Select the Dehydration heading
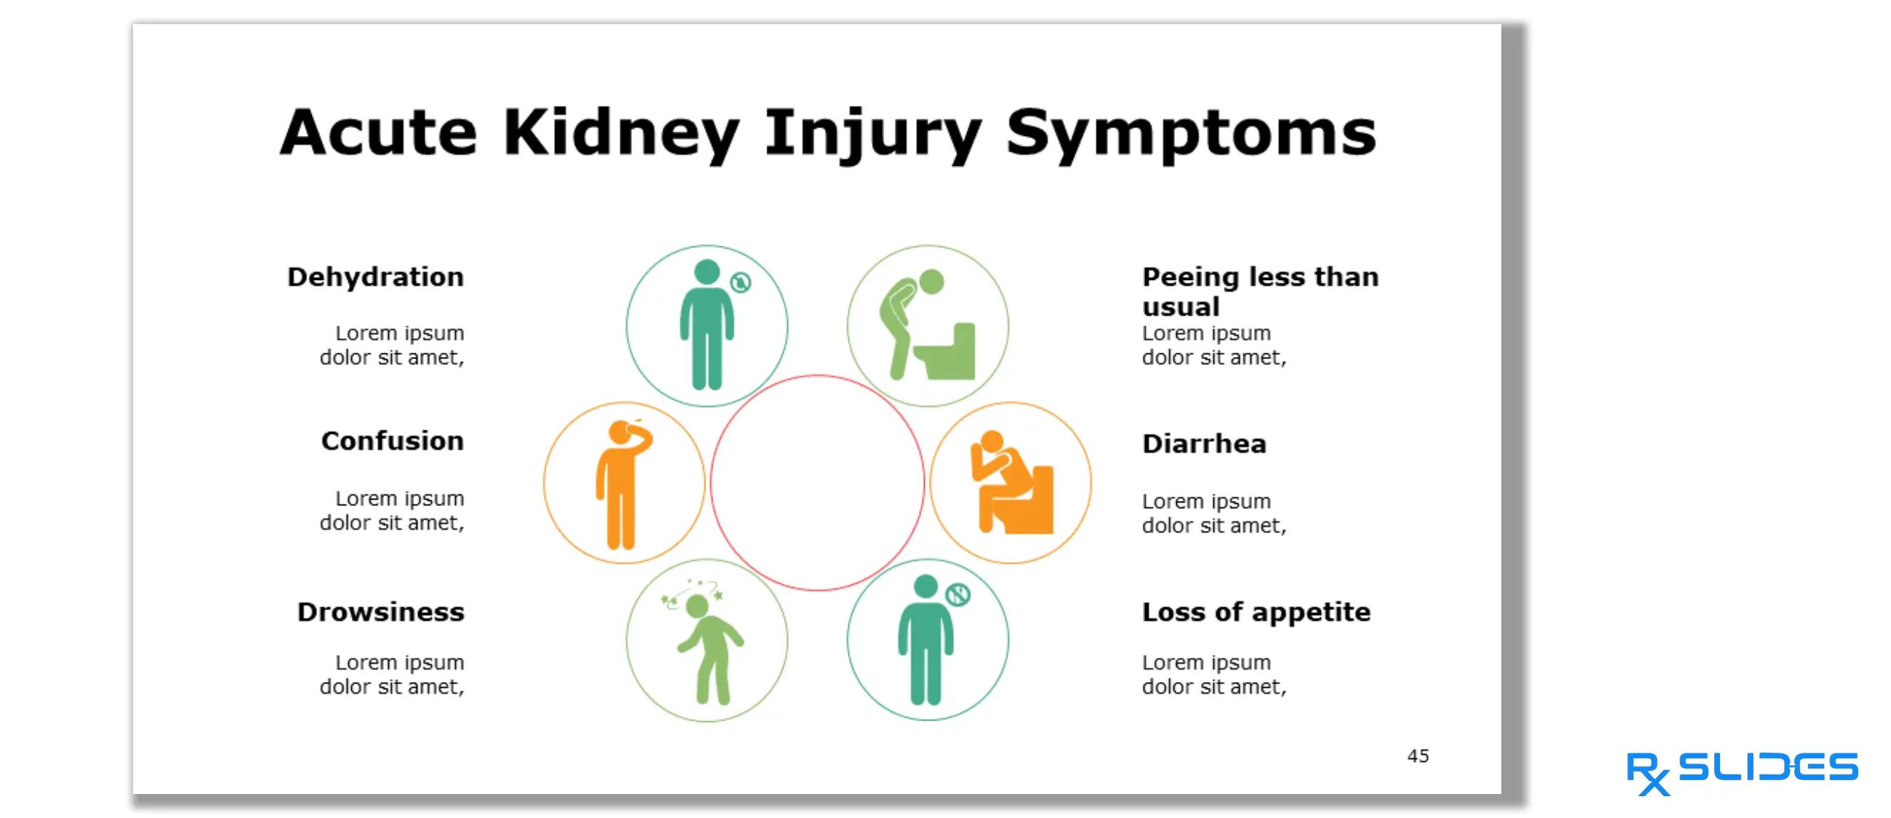pos(375,277)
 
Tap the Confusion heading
pos(392,441)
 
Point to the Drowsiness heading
pos(380,612)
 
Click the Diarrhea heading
pos(1204,444)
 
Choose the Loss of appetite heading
pos(1256,612)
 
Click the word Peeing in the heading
pos(1190,277)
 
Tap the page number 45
pos(1418,755)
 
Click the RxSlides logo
pos(1741,771)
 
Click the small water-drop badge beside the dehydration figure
pos(741,282)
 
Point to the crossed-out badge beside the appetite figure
pos(958,594)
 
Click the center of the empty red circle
pos(817,482)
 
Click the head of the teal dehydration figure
pos(707,272)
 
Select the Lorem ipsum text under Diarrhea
pos(1213,513)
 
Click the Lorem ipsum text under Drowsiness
pos(392,674)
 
